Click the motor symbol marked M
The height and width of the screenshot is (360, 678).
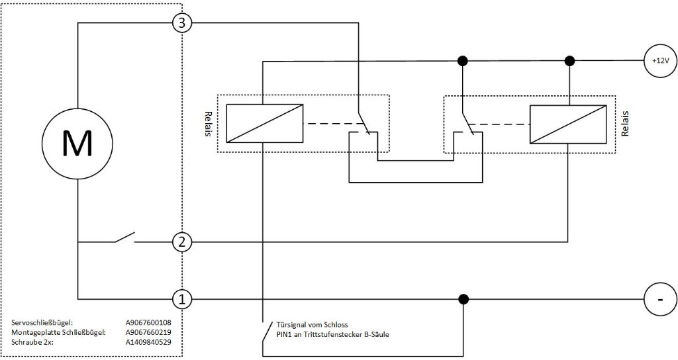pos(77,144)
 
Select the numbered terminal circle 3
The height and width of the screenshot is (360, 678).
pos(181,23)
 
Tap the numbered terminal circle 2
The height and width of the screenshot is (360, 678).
pos(181,242)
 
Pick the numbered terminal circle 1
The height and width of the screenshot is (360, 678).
pos(181,298)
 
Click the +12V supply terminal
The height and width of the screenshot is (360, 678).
pos(660,61)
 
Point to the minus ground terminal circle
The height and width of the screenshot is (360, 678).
pos(660,299)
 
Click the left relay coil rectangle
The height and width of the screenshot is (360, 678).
pos(265,123)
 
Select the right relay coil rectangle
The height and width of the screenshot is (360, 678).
pos(567,124)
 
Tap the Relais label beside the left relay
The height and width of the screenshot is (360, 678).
pos(208,124)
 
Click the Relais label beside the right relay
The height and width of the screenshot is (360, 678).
pos(624,124)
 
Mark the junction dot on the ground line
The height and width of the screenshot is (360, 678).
pos(463,298)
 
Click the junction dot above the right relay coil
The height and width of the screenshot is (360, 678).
pos(570,61)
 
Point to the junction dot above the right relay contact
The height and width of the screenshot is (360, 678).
pos(463,61)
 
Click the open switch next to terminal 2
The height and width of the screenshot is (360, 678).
pos(124,238)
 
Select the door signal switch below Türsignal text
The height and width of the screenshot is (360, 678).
pos(267,332)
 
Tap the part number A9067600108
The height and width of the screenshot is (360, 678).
pos(148,322)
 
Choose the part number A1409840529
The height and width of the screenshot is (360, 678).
pos(148,342)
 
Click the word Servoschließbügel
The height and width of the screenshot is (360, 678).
pos(42,322)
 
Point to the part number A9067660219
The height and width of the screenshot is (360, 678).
pos(148,332)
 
